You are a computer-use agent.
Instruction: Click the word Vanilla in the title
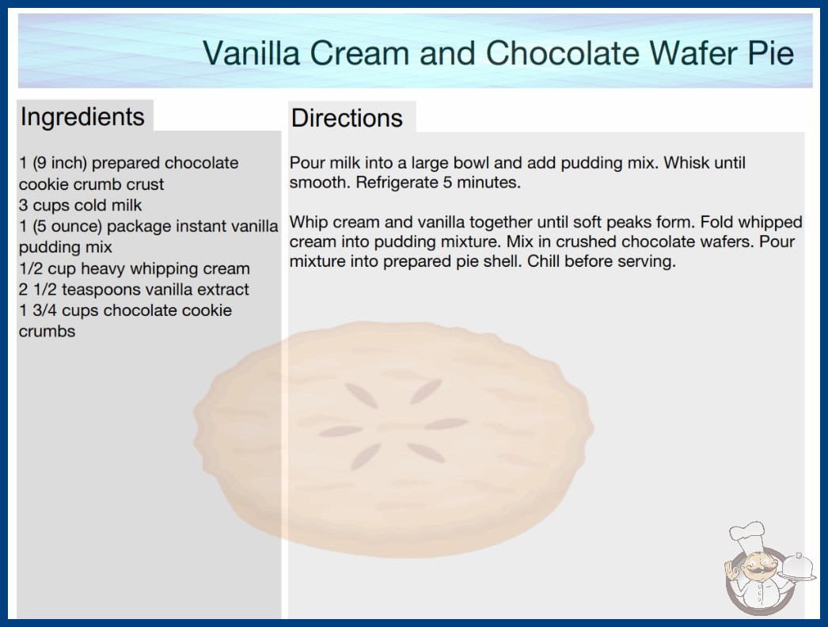coord(252,53)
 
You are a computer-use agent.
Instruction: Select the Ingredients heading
coord(82,117)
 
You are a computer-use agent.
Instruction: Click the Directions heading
coord(347,118)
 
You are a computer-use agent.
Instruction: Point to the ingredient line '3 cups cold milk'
coord(80,205)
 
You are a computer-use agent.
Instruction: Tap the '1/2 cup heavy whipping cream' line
coord(134,269)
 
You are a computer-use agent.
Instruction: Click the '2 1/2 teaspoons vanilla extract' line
coord(134,290)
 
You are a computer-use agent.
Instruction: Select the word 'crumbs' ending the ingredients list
coord(47,332)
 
